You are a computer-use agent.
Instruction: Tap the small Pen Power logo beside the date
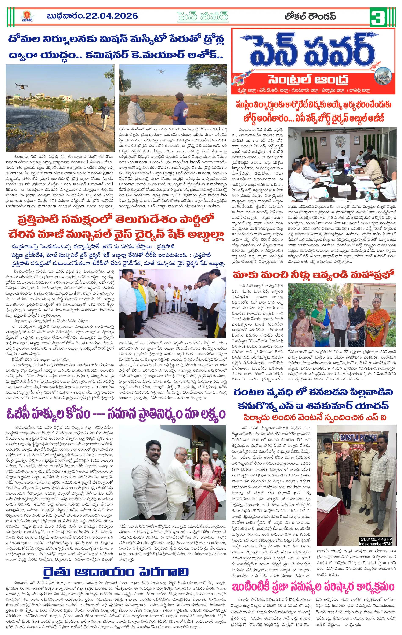[x=27, y=16]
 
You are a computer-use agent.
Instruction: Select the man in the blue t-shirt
[x=181, y=108]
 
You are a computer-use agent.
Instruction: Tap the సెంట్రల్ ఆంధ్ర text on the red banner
[x=308, y=79]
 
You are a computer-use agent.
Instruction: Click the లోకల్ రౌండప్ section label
[x=310, y=16]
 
